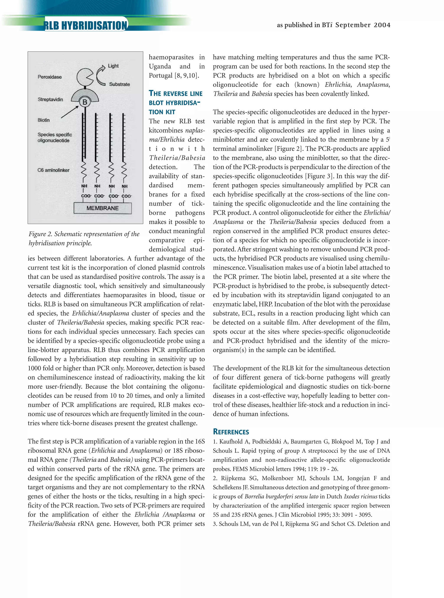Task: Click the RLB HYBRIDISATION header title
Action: (x=85, y=26)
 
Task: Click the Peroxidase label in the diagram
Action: (x=49, y=77)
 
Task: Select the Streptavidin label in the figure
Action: (x=50, y=100)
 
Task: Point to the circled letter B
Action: (x=85, y=102)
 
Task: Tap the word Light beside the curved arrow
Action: (x=113, y=66)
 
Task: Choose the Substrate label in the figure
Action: (x=119, y=84)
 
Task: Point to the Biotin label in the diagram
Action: (x=44, y=120)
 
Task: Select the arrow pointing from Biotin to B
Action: (x=69, y=112)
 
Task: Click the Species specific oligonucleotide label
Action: (x=55, y=137)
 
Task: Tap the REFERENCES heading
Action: (x=231, y=432)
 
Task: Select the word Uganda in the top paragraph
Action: (x=160, y=66)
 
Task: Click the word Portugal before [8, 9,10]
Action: (x=160, y=76)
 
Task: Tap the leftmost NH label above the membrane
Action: (x=84, y=186)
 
